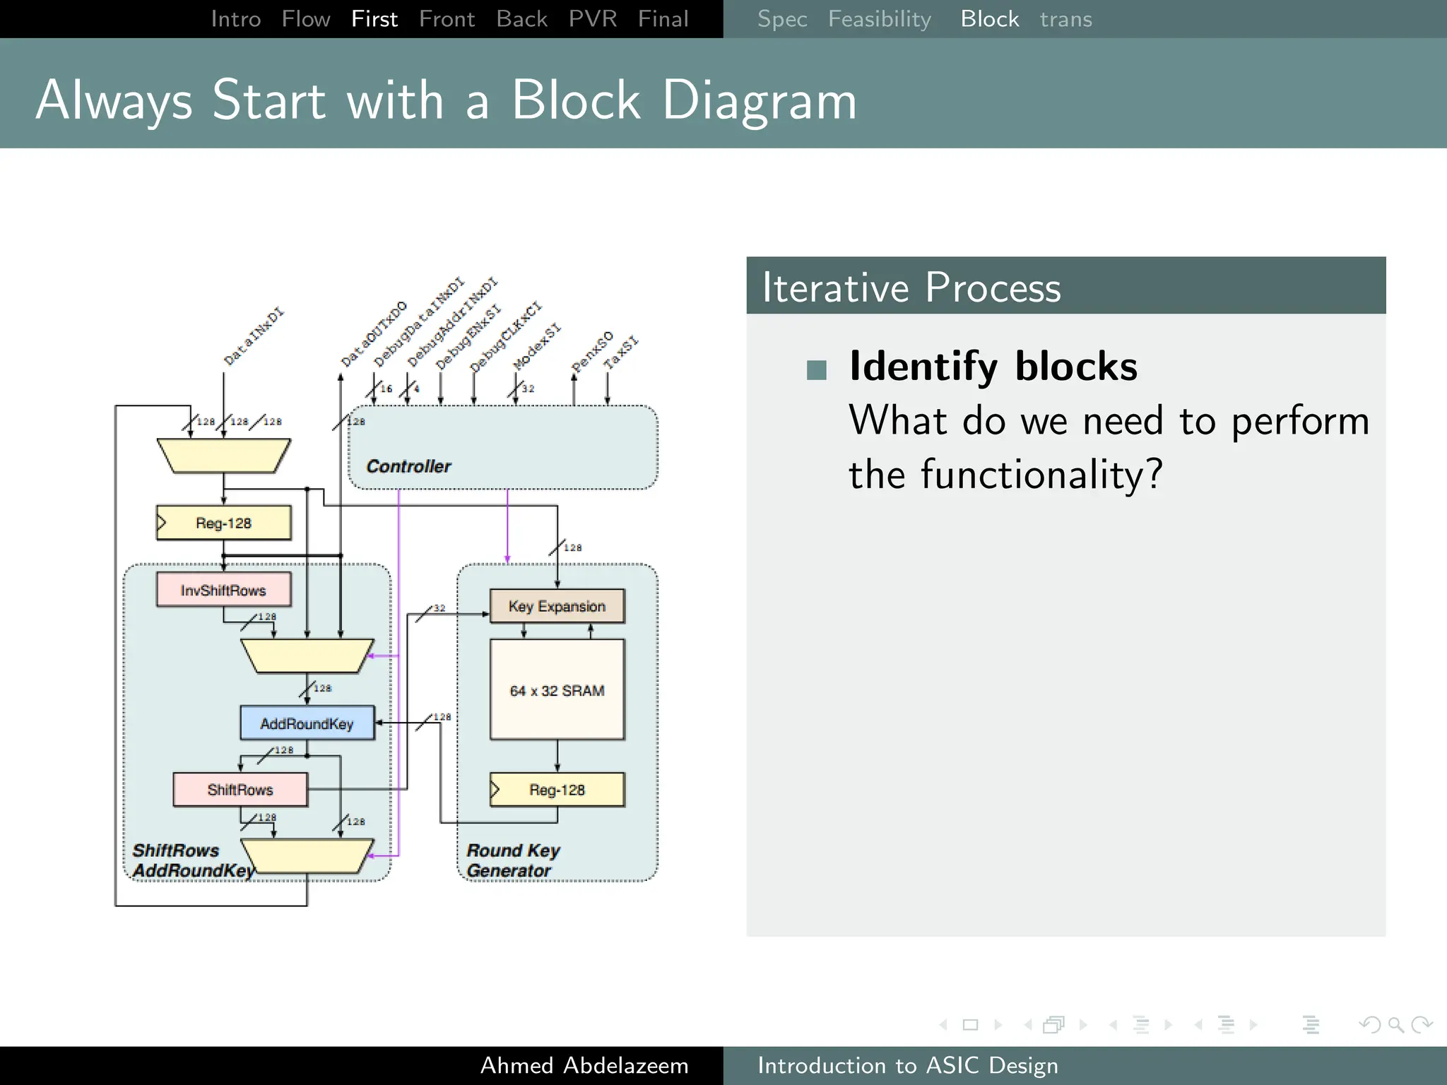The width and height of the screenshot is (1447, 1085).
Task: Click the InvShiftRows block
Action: click(x=223, y=590)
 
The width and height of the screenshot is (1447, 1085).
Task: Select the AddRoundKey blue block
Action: click(x=307, y=723)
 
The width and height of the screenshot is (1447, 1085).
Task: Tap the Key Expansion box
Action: click(x=557, y=606)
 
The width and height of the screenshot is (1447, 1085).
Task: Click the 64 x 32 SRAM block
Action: click(x=557, y=690)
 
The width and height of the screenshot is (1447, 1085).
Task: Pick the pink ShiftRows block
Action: click(x=240, y=790)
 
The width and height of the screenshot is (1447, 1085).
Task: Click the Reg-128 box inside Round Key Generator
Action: click(x=557, y=790)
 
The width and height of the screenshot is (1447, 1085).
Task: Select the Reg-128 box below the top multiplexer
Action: click(x=223, y=523)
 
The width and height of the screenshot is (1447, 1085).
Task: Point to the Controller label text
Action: click(x=408, y=466)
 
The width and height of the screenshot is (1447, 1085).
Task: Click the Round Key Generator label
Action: click(x=513, y=860)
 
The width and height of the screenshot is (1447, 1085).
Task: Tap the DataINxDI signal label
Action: click(x=253, y=337)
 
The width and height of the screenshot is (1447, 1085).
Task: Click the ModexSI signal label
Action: click(x=536, y=347)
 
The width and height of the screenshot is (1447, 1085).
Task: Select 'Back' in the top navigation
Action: click(x=521, y=19)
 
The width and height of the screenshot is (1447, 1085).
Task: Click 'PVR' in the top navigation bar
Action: click(x=592, y=19)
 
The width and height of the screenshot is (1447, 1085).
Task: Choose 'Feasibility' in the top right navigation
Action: click(x=879, y=19)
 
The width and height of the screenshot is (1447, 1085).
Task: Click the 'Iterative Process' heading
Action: click(x=911, y=287)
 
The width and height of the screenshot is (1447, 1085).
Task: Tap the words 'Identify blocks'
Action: click(x=993, y=367)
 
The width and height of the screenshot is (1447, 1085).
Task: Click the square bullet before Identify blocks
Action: click(x=817, y=370)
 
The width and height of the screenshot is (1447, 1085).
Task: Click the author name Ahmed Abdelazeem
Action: click(x=584, y=1065)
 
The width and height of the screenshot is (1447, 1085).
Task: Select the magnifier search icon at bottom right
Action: click(x=1395, y=1024)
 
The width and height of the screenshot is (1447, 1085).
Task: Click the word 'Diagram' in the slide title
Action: click(x=760, y=100)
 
